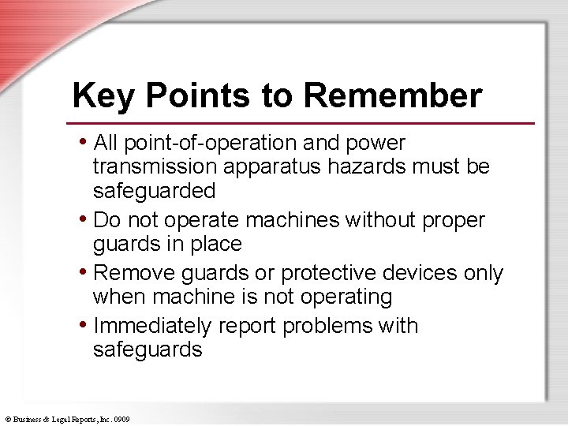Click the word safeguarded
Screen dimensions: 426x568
pyautogui.click(x=154, y=192)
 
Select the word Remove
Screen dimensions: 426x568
pyautogui.click(x=135, y=273)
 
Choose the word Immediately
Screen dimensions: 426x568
pyautogui.click(x=152, y=326)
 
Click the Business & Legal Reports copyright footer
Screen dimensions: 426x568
pyautogui.click(x=67, y=419)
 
